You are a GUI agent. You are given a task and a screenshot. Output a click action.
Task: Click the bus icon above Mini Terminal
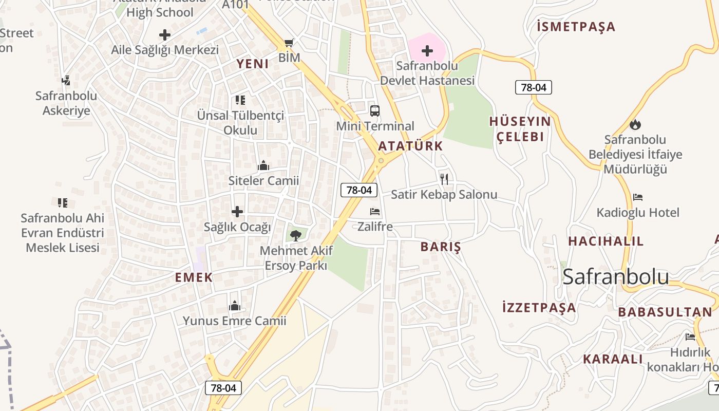pyautogui.click(x=375, y=110)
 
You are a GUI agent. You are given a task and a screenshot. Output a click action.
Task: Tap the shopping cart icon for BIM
pyautogui.click(x=289, y=43)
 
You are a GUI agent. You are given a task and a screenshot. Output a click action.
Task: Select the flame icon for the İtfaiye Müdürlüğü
pyautogui.click(x=635, y=124)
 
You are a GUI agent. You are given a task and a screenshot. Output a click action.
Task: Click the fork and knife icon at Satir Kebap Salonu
pyautogui.click(x=444, y=179)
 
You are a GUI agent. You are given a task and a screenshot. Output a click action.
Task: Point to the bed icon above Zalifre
pyautogui.click(x=375, y=211)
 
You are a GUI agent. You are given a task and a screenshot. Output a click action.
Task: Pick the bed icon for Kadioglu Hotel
pyautogui.click(x=638, y=197)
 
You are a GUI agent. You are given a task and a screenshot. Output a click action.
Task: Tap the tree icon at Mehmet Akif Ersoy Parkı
pyautogui.click(x=295, y=236)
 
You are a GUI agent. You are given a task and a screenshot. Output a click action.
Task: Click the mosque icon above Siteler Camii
pyautogui.click(x=263, y=165)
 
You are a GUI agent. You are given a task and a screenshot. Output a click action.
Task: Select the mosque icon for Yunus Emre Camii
pyautogui.click(x=235, y=306)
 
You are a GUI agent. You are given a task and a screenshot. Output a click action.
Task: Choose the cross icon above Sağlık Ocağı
pyautogui.click(x=237, y=211)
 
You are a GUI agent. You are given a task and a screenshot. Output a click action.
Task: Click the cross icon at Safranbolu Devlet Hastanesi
pyautogui.click(x=427, y=51)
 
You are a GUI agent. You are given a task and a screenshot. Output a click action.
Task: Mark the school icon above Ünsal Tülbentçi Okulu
pyautogui.click(x=240, y=100)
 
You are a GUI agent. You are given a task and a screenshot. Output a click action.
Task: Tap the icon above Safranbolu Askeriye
pyautogui.click(x=66, y=80)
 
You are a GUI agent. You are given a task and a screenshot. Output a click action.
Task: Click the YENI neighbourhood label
pyautogui.click(x=253, y=64)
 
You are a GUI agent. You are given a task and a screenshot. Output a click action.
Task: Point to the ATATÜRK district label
pyautogui.click(x=410, y=146)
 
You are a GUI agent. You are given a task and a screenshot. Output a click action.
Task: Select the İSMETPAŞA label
pyautogui.click(x=576, y=27)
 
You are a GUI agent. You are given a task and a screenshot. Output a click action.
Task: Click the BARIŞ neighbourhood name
pyautogui.click(x=441, y=247)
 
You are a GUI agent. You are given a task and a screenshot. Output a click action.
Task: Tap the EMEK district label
pyautogui.click(x=194, y=277)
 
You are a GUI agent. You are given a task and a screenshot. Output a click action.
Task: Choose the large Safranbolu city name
pyautogui.click(x=616, y=277)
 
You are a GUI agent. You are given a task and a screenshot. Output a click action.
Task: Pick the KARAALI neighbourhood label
pyautogui.click(x=613, y=359)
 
